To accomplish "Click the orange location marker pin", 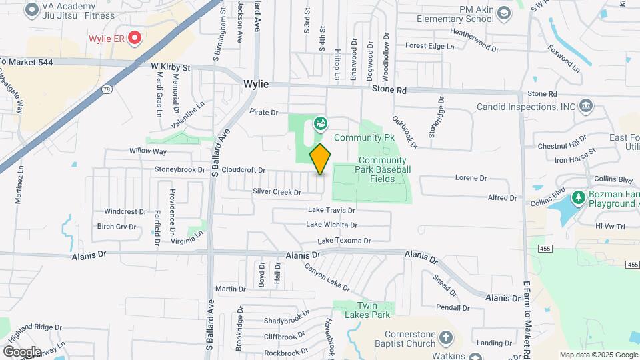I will coord(320,159).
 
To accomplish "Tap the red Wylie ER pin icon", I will coord(135,37).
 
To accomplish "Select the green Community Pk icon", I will coord(320,123).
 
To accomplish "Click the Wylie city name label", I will coord(256,84).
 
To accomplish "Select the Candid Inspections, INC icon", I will coord(586,105).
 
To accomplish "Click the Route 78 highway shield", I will coord(107,89).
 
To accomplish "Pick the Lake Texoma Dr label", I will coord(344,241).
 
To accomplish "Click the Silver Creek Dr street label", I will coord(277,192).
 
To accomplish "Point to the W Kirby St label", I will coord(171,67).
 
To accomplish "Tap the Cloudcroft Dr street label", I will coord(244,170).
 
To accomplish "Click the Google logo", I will coord(22,351).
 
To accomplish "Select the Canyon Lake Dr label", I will coord(327,277).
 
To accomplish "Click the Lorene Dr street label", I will coord(471,178).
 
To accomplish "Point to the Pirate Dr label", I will coord(264,113).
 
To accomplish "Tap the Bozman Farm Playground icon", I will coord(577,198).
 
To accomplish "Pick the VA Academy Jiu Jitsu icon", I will coord(31,9).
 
